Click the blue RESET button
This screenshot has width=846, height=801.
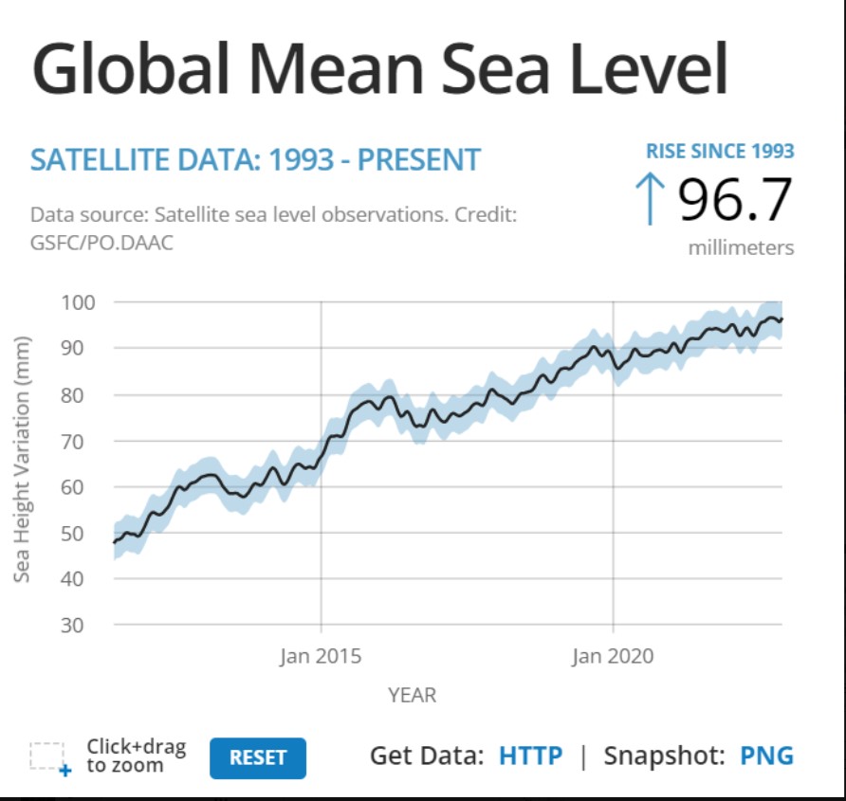click(257, 757)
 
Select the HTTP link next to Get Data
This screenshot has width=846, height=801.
click(530, 755)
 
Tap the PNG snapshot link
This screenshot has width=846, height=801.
click(766, 755)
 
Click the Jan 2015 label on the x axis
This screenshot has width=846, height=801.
click(321, 656)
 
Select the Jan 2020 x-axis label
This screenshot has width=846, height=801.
click(613, 656)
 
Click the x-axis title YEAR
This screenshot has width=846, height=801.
click(413, 695)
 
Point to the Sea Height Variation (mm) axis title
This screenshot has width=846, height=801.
click(22, 459)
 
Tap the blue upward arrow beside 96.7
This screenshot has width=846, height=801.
click(650, 198)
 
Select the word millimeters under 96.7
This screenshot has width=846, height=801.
click(741, 247)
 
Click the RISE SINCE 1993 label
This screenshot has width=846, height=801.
click(720, 151)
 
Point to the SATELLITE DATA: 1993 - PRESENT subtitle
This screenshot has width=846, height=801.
click(256, 159)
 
